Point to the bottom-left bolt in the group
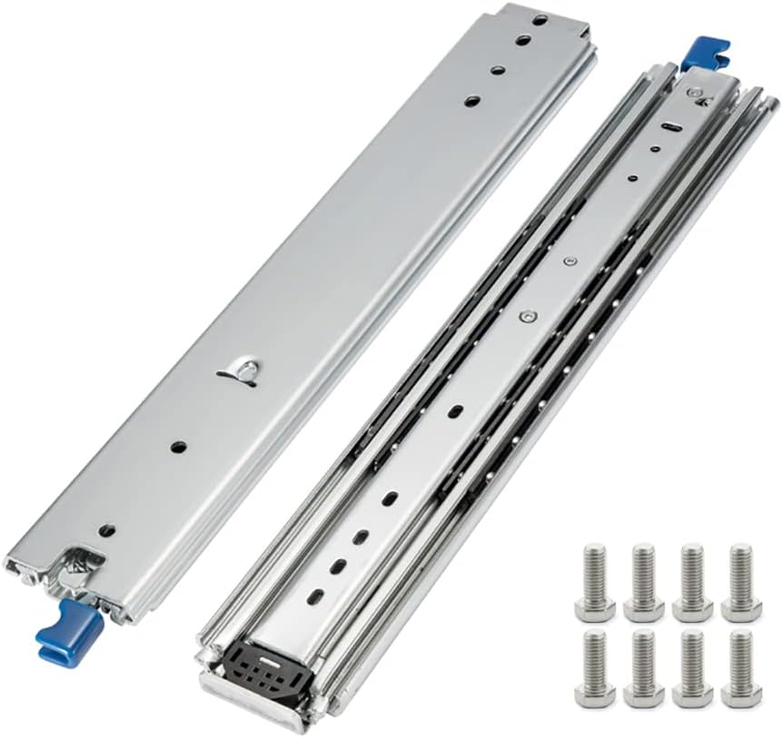pos(595,668)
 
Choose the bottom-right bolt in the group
pos(740,668)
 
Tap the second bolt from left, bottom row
pos(643,668)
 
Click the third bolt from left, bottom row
pos(692,668)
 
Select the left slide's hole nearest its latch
pos(107,529)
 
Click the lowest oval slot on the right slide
pos(316,595)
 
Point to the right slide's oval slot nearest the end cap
pos(316,595)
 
